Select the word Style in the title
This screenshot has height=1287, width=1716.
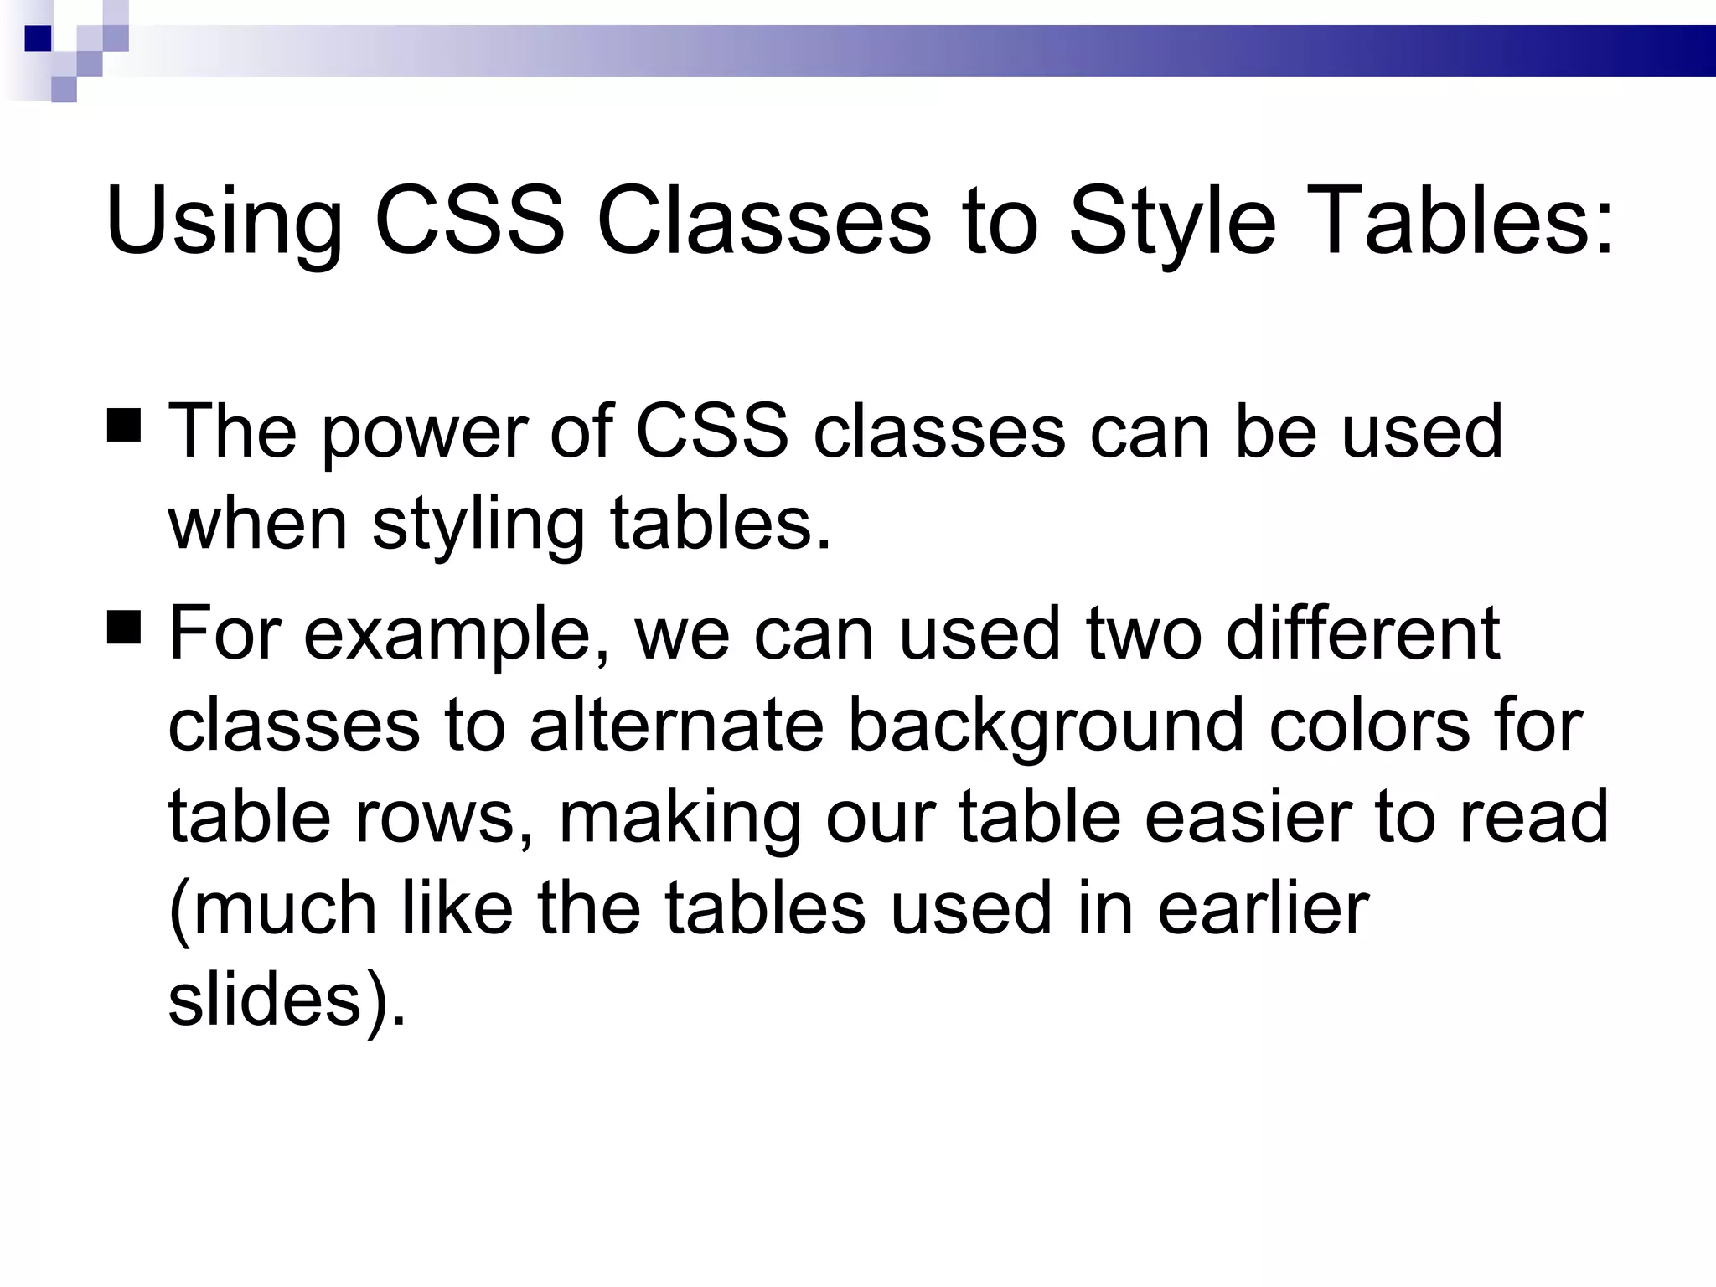coord(1171,222)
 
